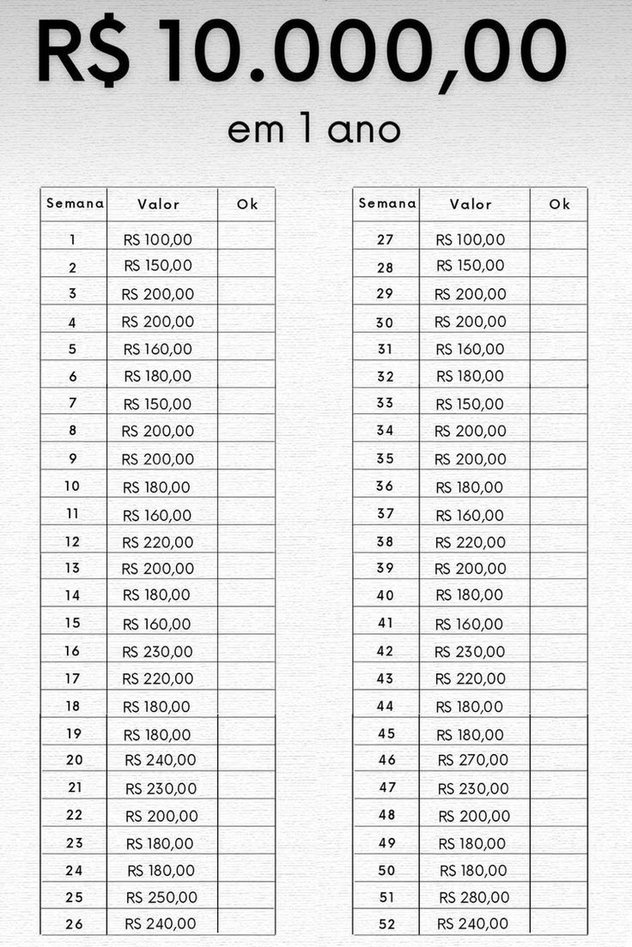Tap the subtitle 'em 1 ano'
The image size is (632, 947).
pyautogui.click(x=314, y=130)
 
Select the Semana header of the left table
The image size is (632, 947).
pyautogui.click(x=75, y=204)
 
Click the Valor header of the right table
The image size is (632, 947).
pyautogui.click(x=471, y=204)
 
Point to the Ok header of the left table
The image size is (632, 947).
pyautogui.click(x=247, y=204)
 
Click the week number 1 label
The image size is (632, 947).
pyautogui.click(x=73, y=240)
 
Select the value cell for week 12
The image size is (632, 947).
pyautogui.click(x=158, y=542)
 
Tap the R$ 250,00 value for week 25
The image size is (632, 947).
pyautogui.click(x=161, y=897)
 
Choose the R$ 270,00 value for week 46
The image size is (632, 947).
pyautogui.click(x=473, y=760)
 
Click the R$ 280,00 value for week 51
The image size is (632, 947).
pyautogui.click(x=474, y=897)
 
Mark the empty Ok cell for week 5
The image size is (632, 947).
pyautogui.click(x=246, y=348)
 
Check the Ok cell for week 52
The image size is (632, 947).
pyautogui.click(x=559, y=923)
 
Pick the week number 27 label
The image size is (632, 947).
pyautogui.click(x=386, y=240)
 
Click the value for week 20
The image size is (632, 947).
pyautogui.click(x=161, y=760)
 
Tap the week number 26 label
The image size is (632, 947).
pyautogui.click(x=74, y=923)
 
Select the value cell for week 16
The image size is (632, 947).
pyautogui.click(x=158, y=652)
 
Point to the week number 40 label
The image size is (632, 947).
pyautogui.click(x=386, y=595)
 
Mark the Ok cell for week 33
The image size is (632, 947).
pyautogui.click(x=559, y=403)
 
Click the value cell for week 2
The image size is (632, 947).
pyautogui.click(x=158, y=266)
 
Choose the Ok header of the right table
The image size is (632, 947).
pyautogui.click(x=560, y=204)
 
